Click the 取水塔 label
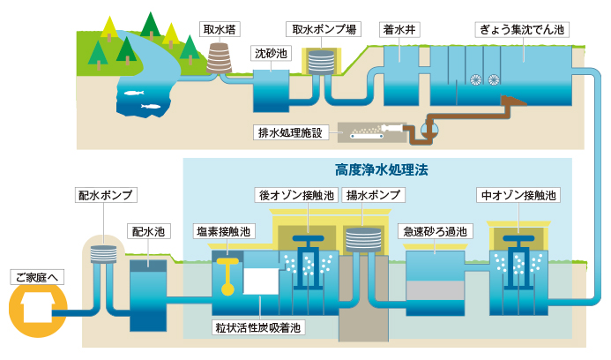220,29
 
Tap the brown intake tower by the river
219,58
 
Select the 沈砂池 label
271,53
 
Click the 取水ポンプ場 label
324,29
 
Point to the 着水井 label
399,29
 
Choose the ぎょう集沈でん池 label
522,29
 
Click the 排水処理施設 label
290,132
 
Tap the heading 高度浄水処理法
382,169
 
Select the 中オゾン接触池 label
518,195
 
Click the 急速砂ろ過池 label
436,231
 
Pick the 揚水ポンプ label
373,195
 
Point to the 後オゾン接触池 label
297,195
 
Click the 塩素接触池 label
224,231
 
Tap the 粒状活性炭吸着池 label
258,327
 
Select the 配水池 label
148,231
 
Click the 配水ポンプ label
106,195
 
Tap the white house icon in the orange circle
37,308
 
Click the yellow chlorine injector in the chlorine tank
227,275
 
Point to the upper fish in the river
134,93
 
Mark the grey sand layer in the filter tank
436,290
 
